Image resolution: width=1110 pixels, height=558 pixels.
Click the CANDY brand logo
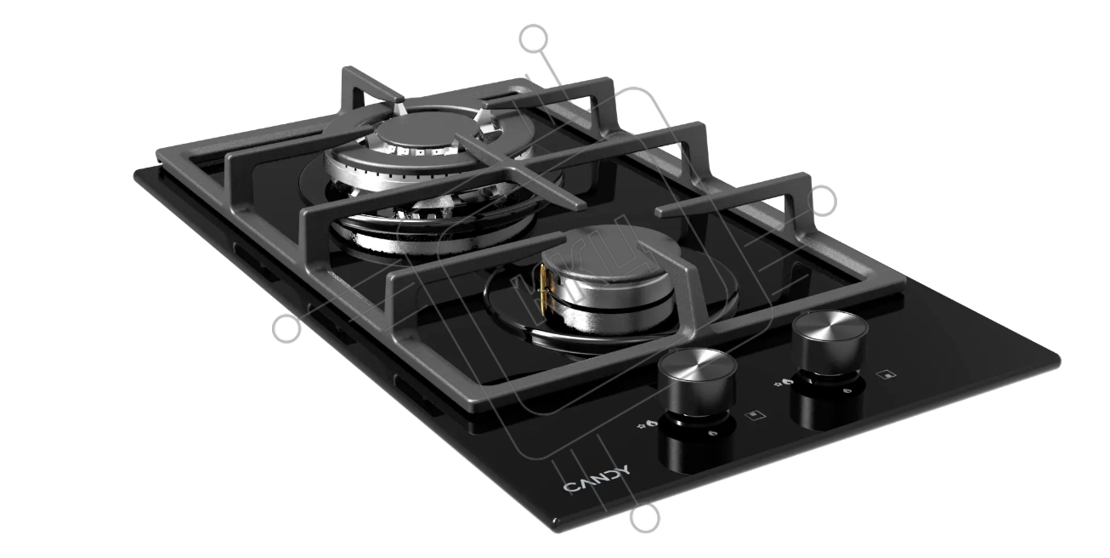coord(597,479)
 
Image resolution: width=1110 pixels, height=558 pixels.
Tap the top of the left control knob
coord(697,366)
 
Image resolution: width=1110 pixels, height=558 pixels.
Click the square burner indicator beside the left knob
coord(756,414)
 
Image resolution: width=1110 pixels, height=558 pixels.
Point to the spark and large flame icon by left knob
coord(647,424)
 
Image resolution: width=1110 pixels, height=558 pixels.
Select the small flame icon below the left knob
coord(712,433)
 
